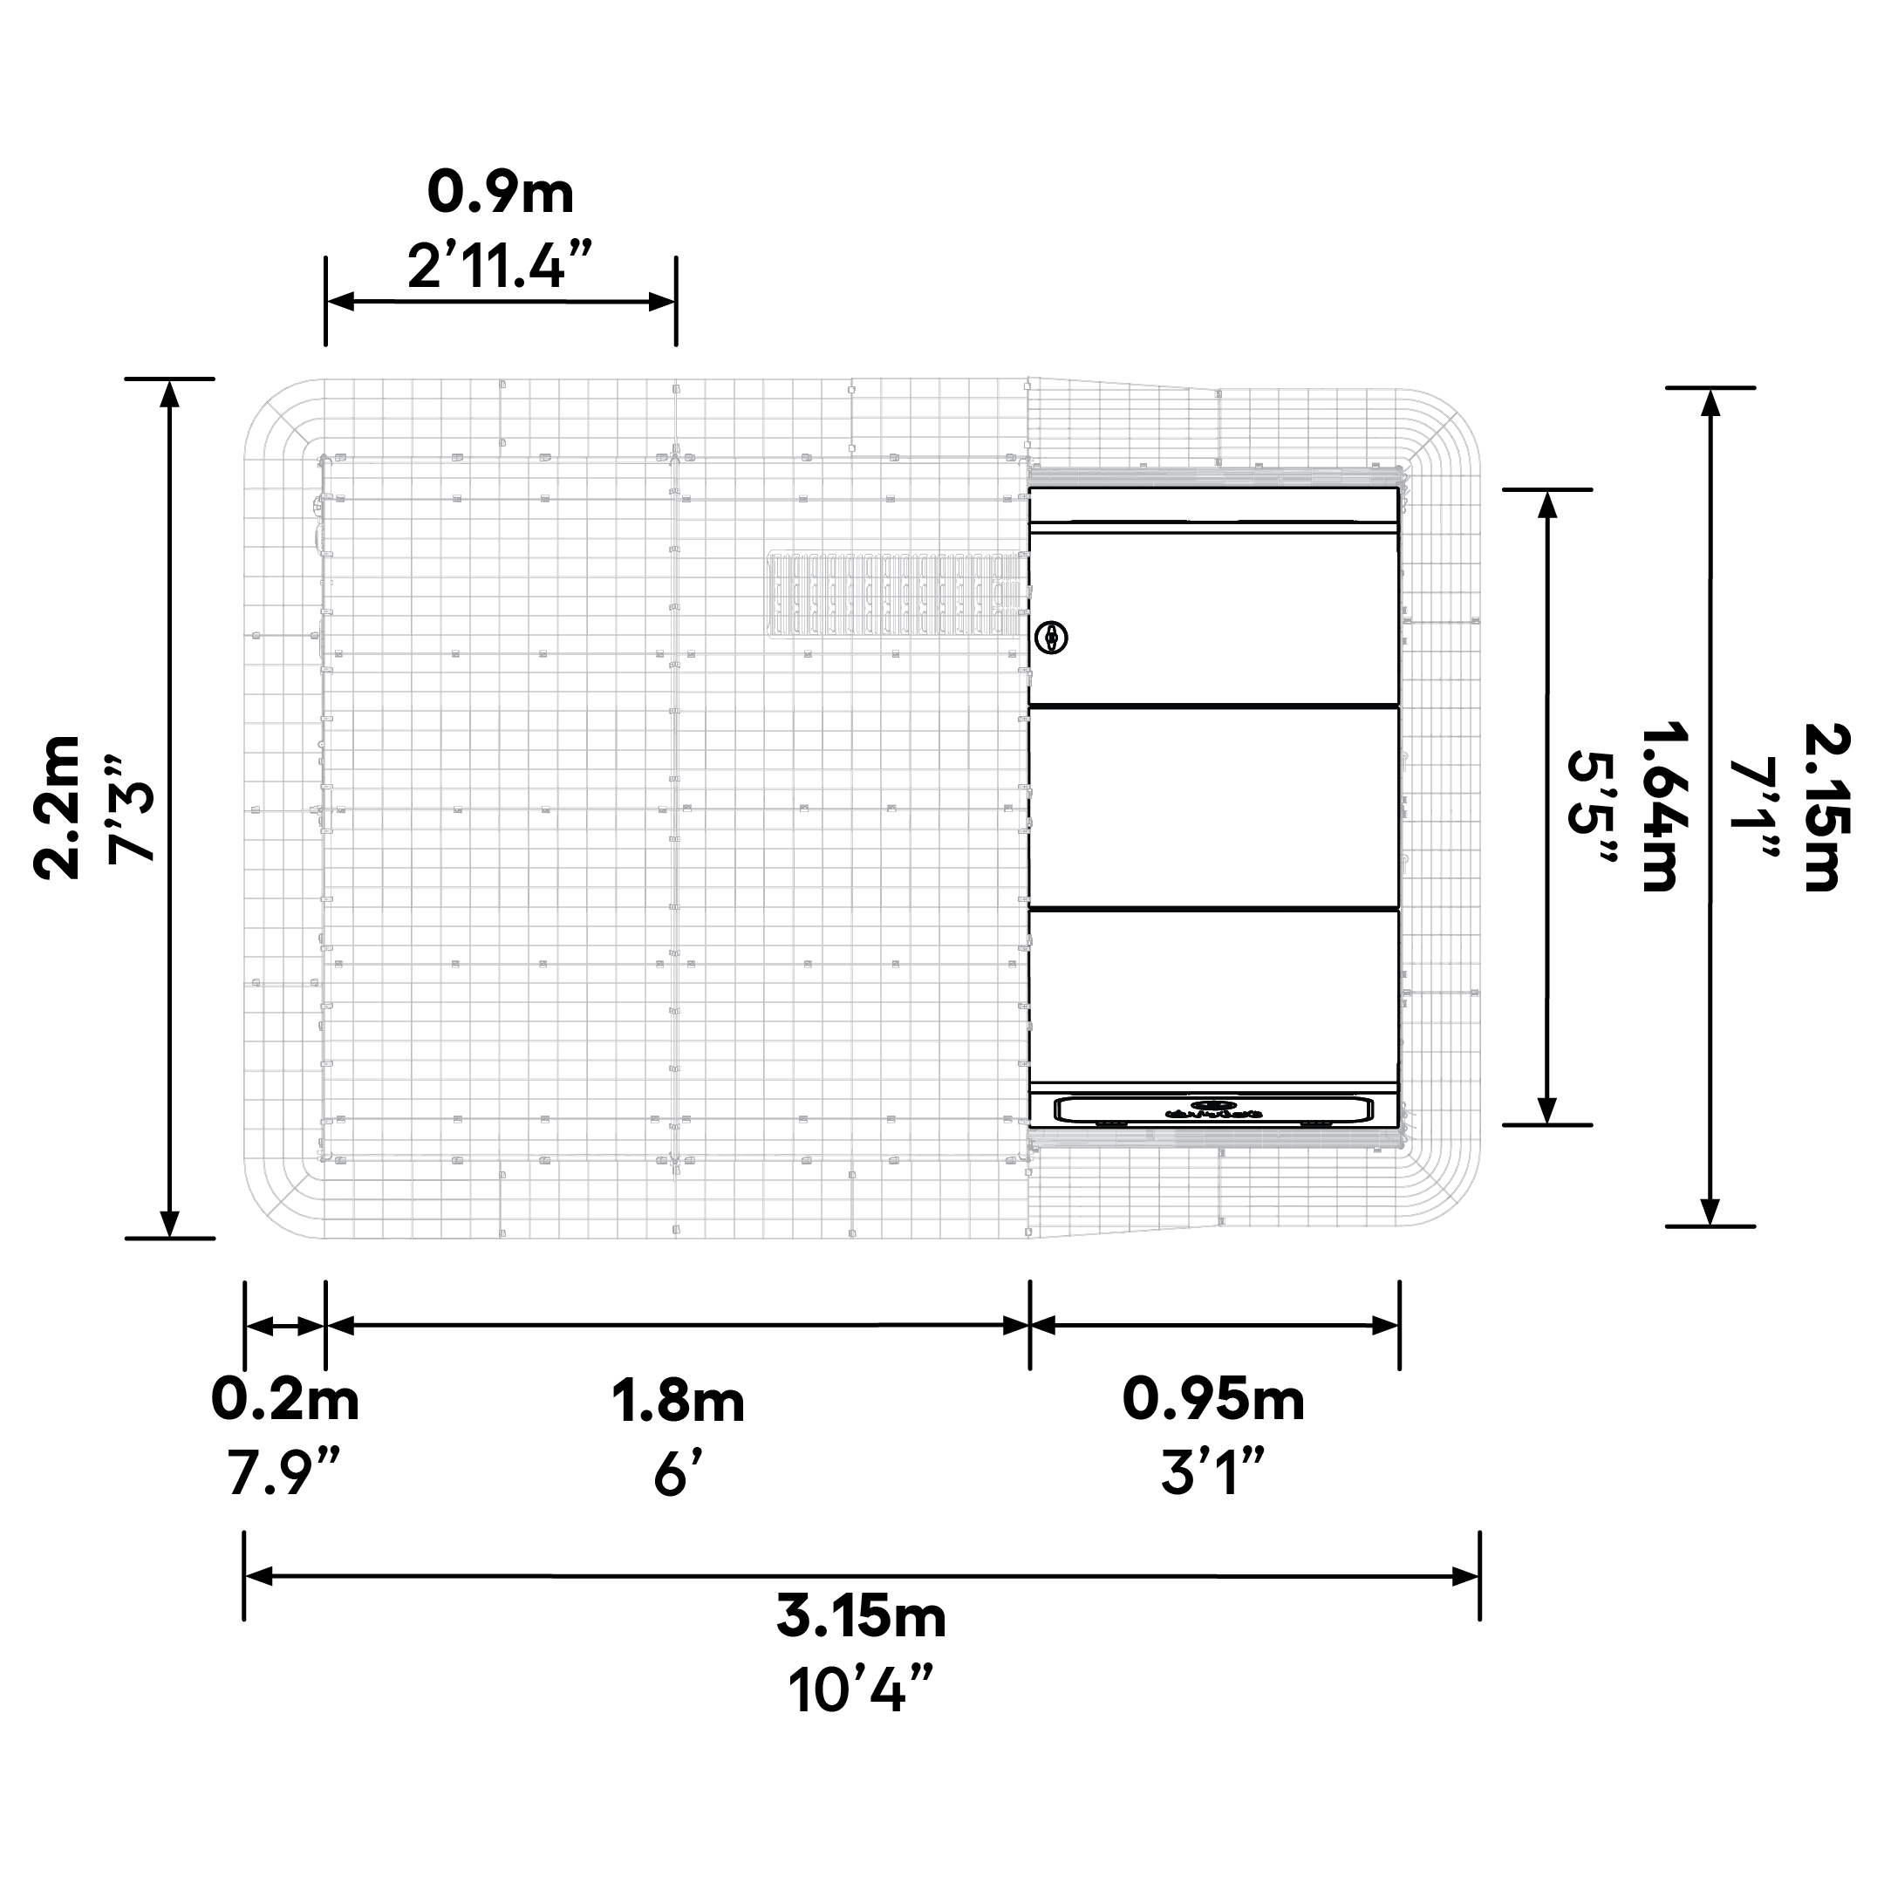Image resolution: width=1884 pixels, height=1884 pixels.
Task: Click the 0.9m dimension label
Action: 501,193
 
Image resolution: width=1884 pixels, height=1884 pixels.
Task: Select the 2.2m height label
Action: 58,809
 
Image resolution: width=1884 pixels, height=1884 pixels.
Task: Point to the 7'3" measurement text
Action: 131,809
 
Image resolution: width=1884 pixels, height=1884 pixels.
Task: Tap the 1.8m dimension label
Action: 678,1402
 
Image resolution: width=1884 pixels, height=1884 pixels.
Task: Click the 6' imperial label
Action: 678,1473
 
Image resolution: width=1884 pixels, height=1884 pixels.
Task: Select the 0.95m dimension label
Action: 1213,1399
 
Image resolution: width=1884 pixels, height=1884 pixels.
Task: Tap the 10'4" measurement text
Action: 861,1690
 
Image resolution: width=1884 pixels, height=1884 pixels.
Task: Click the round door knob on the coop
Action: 1051,638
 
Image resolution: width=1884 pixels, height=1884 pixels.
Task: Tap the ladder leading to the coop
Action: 898,596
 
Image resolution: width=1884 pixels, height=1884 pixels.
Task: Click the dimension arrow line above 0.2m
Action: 283,1326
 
